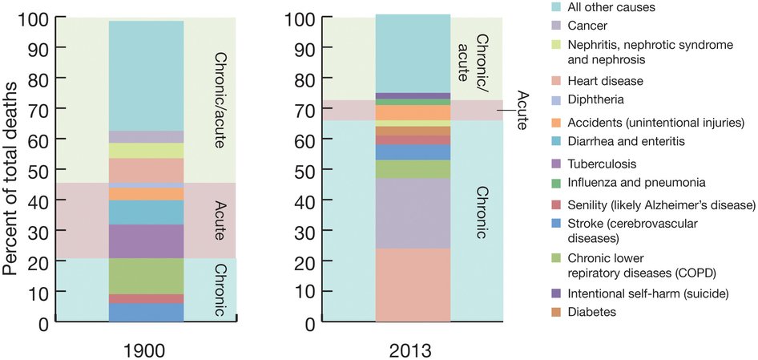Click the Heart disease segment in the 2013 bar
[x=413, y=285]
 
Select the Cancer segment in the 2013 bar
[x=413, y=213]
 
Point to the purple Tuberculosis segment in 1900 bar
[x=146, y=241]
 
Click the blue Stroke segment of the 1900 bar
[x=146, y=312]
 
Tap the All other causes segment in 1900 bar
[x=146, y=76]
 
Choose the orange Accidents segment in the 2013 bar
[x=413, y=112]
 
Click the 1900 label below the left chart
[x=146, y=349]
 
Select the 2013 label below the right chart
[x=413, y=349]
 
